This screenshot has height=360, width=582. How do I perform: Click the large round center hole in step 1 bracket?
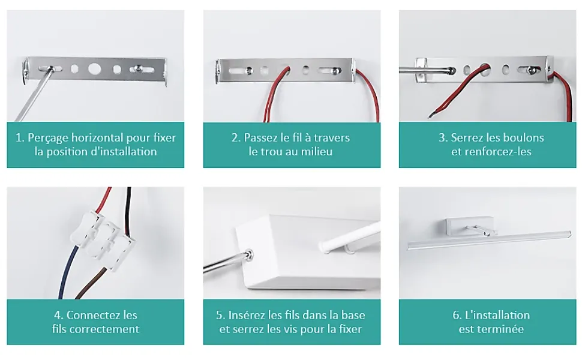pos(94,68)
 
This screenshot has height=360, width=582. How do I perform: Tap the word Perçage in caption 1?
pos(48,138)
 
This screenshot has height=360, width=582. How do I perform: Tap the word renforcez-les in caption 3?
pos(505,151)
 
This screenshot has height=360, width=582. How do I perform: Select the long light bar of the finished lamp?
pos(489,240)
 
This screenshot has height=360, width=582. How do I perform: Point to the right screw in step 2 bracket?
pos(335,70)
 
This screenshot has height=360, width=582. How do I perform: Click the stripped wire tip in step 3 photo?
pos(431,115)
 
